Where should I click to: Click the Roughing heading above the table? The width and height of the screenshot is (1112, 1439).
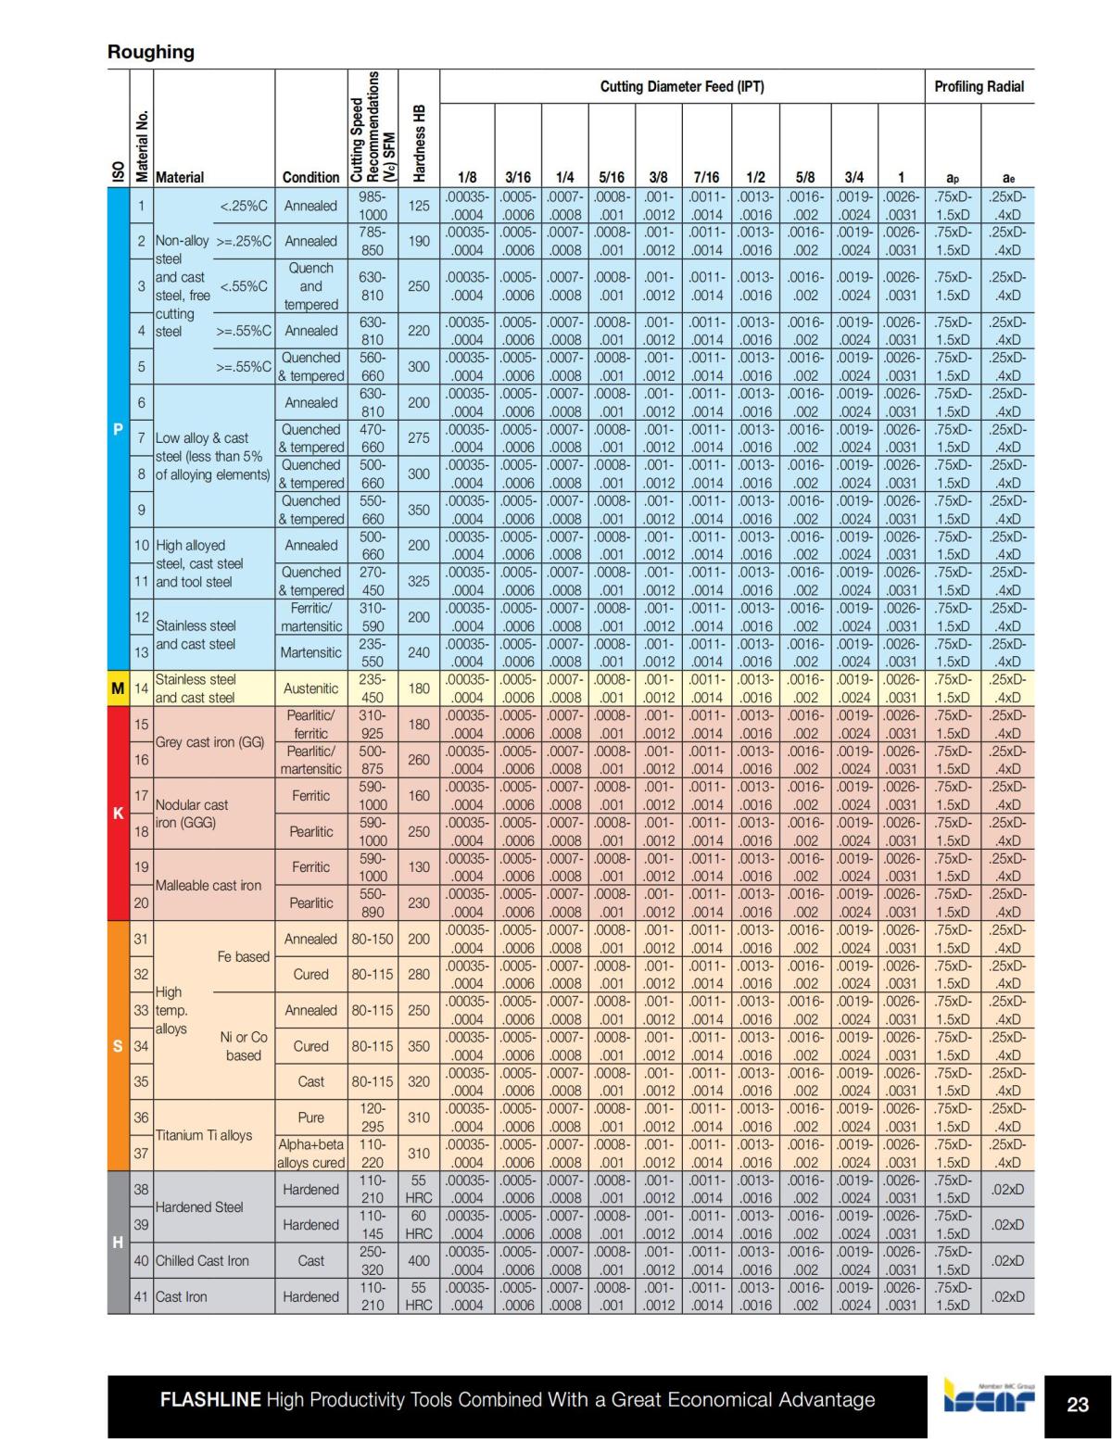point(151,52)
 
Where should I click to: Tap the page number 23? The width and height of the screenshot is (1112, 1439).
point(1077,1404)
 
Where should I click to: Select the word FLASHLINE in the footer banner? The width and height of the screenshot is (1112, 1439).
point(210,1400)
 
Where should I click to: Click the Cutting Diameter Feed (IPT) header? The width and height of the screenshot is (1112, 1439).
point(681,87)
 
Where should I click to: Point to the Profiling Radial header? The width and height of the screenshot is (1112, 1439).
point(979,87)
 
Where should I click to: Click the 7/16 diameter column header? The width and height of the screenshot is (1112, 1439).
point(706,177)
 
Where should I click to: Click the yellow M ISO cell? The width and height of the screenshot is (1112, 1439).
point(118,688)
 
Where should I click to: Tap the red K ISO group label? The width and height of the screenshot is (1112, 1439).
point(118,814)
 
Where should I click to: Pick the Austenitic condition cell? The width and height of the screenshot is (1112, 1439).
point(311,688)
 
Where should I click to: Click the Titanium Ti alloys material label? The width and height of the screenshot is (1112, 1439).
point(204,1135)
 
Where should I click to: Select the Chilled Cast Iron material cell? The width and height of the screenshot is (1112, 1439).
point(202,1260)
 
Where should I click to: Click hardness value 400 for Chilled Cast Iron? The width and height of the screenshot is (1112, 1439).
point(419,1260)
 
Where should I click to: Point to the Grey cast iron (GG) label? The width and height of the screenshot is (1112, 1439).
point(210,742)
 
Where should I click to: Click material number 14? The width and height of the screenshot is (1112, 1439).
point(141,688)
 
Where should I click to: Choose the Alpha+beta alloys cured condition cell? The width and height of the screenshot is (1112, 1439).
point(311,1154)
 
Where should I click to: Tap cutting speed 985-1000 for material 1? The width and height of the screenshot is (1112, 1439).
point(373,206)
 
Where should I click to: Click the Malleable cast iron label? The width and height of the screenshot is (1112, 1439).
point(208,885)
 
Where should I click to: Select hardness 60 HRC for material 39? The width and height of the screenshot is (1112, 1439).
point(419,1225)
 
